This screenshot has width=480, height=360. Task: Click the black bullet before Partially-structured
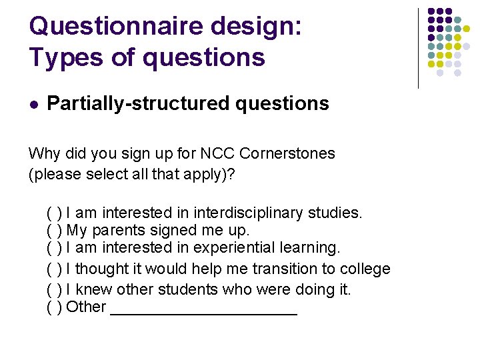pos(34,104)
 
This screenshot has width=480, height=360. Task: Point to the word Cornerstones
pos(287,153)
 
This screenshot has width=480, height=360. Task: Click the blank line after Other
pos(203,311)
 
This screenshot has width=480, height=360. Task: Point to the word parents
pos(115,231)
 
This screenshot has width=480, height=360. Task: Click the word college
pos(365,269)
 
